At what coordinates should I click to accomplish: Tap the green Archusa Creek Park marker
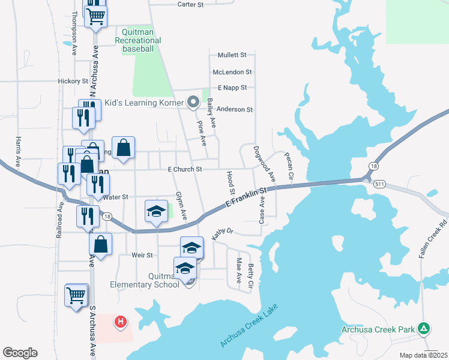point(424,328)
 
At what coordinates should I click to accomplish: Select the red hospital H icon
point(121,322)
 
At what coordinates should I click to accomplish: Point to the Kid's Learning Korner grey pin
point(193,103)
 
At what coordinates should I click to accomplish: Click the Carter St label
point(191,4)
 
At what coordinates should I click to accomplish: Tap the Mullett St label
point(232,55)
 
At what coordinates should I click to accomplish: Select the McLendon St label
point(232,72)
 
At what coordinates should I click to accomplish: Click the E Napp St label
point(232,88)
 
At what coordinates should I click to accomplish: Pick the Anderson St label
point(235,110)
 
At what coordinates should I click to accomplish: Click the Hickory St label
point(73,81)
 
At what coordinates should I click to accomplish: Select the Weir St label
point(142,255)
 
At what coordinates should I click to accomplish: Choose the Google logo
point(20,353)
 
